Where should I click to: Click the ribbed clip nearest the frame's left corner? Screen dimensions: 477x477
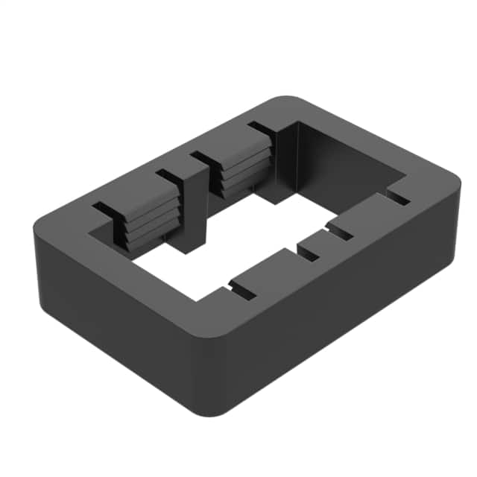point(148,221)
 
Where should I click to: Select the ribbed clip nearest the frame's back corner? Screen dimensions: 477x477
point(242,171)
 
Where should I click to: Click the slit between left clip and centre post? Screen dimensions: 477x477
point(171,179)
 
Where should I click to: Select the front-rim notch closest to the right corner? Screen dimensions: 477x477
point(398,198)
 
